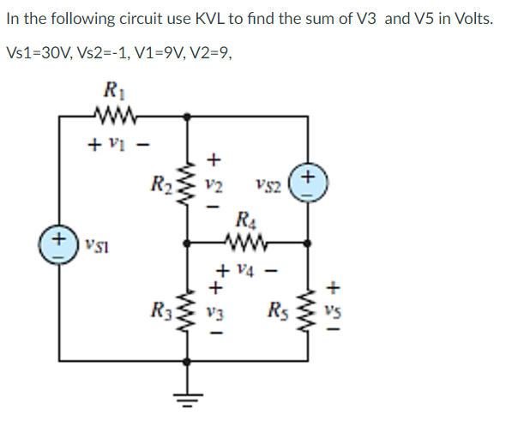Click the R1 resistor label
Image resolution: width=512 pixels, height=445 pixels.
pyautogui.click(x=111, y=88)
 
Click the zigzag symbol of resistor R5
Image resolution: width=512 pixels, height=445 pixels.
pyautogui.click(x=308, y=306)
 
